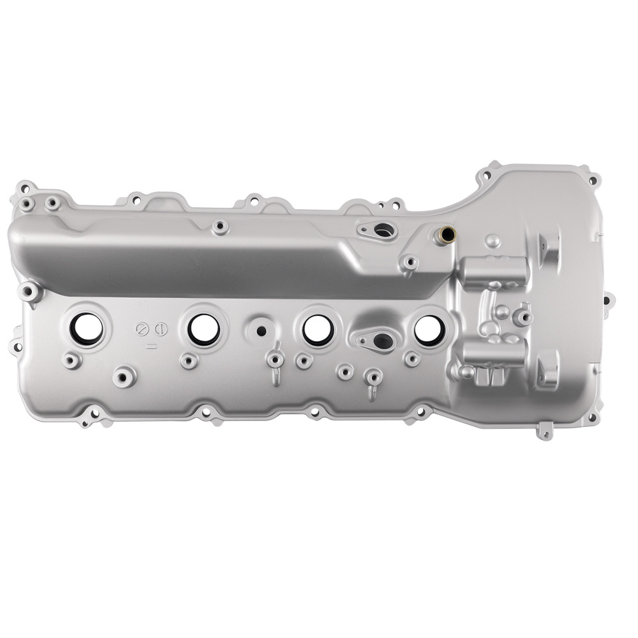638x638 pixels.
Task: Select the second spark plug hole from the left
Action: [x=204, y=327]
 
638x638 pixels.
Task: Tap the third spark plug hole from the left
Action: [x=315, y=328]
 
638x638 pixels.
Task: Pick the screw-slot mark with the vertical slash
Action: [x=160, y=329]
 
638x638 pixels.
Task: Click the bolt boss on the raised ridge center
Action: [x=220, y=226]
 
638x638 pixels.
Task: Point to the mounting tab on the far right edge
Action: [x=608, y=298]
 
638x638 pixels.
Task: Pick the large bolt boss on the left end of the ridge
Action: [x=29, y=292]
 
